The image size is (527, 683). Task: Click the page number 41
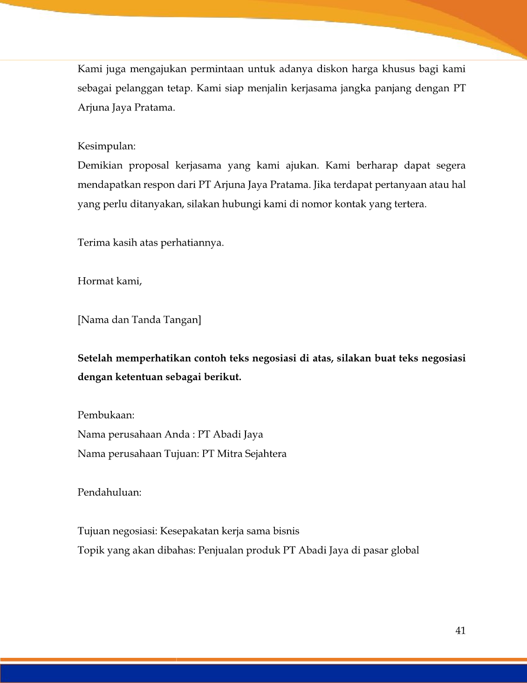coord(460,631)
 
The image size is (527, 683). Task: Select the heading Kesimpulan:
coord(107,146)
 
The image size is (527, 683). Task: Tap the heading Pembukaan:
coord(106,415)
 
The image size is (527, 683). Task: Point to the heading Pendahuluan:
coord(109,492)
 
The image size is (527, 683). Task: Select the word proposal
coord(149,166)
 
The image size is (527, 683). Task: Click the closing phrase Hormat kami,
coord(110,281)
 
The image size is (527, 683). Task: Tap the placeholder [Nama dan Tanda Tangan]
coord(139,320)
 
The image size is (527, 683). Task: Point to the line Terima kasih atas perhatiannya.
coord(151,243)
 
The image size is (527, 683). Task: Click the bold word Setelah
coord(95,358)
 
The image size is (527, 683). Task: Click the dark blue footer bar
coord(263,673)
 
